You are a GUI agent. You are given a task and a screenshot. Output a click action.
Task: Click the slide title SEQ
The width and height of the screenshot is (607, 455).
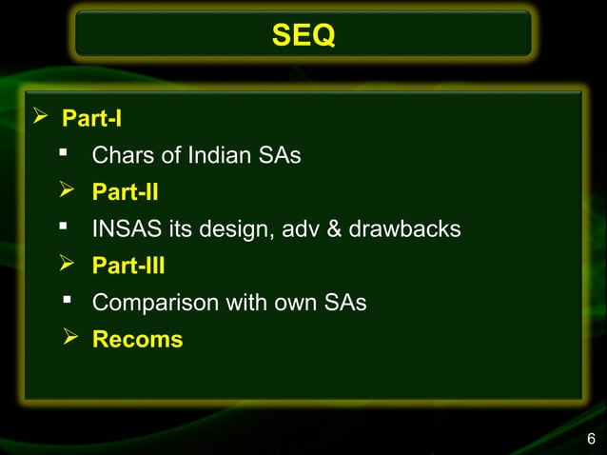click(303, 37)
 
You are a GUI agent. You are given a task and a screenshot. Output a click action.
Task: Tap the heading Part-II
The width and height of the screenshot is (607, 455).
click(125, 193)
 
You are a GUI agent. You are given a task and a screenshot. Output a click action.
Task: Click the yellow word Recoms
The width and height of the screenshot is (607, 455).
click(137, 340)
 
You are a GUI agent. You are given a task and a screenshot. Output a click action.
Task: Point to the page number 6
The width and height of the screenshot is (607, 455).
click(591, 439)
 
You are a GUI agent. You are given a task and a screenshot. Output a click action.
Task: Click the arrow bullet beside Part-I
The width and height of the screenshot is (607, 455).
click(40, 118)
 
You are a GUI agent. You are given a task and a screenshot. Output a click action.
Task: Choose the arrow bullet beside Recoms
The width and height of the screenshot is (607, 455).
click(69, 339)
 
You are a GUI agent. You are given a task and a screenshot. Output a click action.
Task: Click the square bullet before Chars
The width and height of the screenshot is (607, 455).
click(65, 153)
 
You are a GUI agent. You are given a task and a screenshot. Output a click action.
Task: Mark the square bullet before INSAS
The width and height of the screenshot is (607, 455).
click(65, 227)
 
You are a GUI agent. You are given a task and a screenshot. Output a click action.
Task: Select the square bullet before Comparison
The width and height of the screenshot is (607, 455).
click(68, 301)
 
